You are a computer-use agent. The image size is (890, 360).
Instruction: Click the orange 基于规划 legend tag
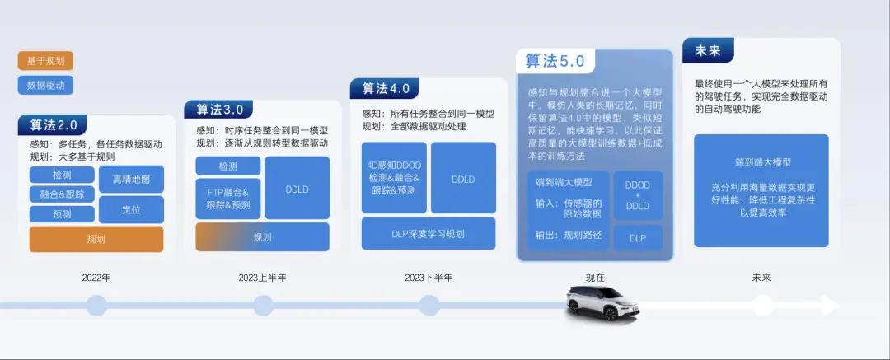(45, 61)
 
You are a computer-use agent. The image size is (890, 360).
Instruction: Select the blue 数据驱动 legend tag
(45, 85)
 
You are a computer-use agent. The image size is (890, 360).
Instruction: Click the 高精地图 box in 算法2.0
(131, 180)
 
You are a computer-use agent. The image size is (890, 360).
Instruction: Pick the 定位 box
(131, 209)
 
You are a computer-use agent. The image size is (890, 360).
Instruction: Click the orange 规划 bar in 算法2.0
(96, 239)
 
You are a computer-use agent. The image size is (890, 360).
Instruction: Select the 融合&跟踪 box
(62, 194)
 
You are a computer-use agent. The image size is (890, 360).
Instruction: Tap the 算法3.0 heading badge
(219, 109)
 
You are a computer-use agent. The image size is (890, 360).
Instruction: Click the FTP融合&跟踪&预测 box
(228, 199)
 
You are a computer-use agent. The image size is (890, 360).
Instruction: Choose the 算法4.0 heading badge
(384, 89)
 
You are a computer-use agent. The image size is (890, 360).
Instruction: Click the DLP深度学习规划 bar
(429, 233)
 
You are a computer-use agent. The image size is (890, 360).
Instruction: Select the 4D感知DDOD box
(394, 178)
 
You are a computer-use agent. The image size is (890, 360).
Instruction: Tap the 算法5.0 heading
(555, 61)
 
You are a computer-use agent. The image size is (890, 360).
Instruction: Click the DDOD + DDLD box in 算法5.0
(638, 195)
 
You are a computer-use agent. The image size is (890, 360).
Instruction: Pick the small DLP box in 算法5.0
(638, 237)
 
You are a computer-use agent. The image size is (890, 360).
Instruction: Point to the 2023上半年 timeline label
(263, 278)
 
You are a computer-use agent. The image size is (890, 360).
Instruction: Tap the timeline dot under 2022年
(96, 306)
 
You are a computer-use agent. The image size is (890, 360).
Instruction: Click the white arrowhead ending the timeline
(829, 305)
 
